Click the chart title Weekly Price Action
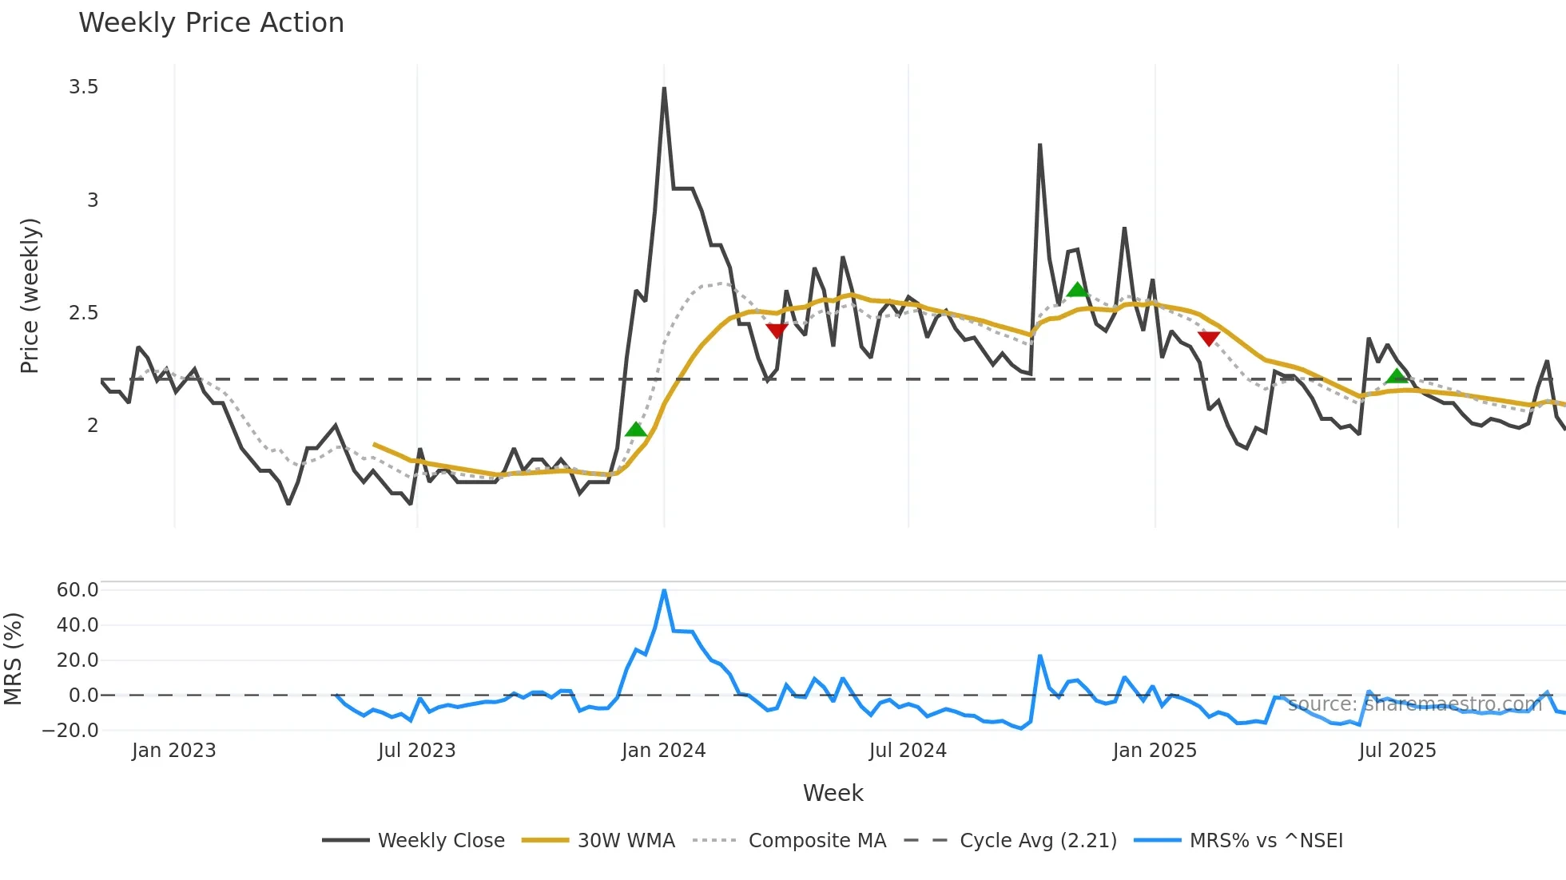point(211,23)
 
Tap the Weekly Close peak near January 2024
point(664,89)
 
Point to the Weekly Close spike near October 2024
point(1039,145)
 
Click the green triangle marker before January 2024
point(636,430)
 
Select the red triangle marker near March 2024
point(777,331)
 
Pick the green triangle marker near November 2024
point(1077,290)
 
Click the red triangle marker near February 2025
point(1209,339)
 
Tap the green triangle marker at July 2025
point(1397,376)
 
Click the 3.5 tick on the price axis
point(84,87)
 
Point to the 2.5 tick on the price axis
point(84,313)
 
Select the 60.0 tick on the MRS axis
point(78,590)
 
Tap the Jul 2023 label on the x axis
point(416,751)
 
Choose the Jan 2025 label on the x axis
point(1155,751)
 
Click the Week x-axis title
point(833,793)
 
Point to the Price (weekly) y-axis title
point(30,295)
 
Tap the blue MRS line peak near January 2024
point(664,591)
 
